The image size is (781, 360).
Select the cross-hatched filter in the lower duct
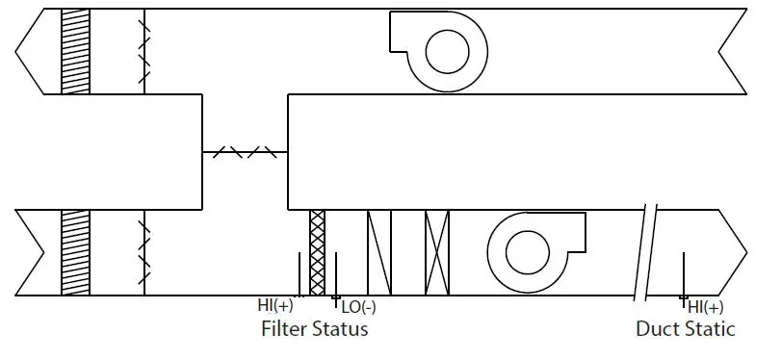317,252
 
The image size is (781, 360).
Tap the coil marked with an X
437,252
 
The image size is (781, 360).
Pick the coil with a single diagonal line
379,252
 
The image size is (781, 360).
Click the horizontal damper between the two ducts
246,152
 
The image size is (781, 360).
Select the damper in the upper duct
144,51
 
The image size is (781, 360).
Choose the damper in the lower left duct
144,252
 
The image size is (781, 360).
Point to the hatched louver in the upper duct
75,51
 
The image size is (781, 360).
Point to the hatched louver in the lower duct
75,252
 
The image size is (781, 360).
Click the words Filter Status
315,329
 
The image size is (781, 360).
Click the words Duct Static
685,329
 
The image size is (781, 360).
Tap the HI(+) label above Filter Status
275,306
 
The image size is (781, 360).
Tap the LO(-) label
358,308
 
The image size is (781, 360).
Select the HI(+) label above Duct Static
705,307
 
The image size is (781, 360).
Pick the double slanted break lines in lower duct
643,252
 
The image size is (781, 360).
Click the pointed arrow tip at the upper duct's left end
17,51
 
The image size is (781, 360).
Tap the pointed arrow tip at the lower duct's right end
746,252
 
